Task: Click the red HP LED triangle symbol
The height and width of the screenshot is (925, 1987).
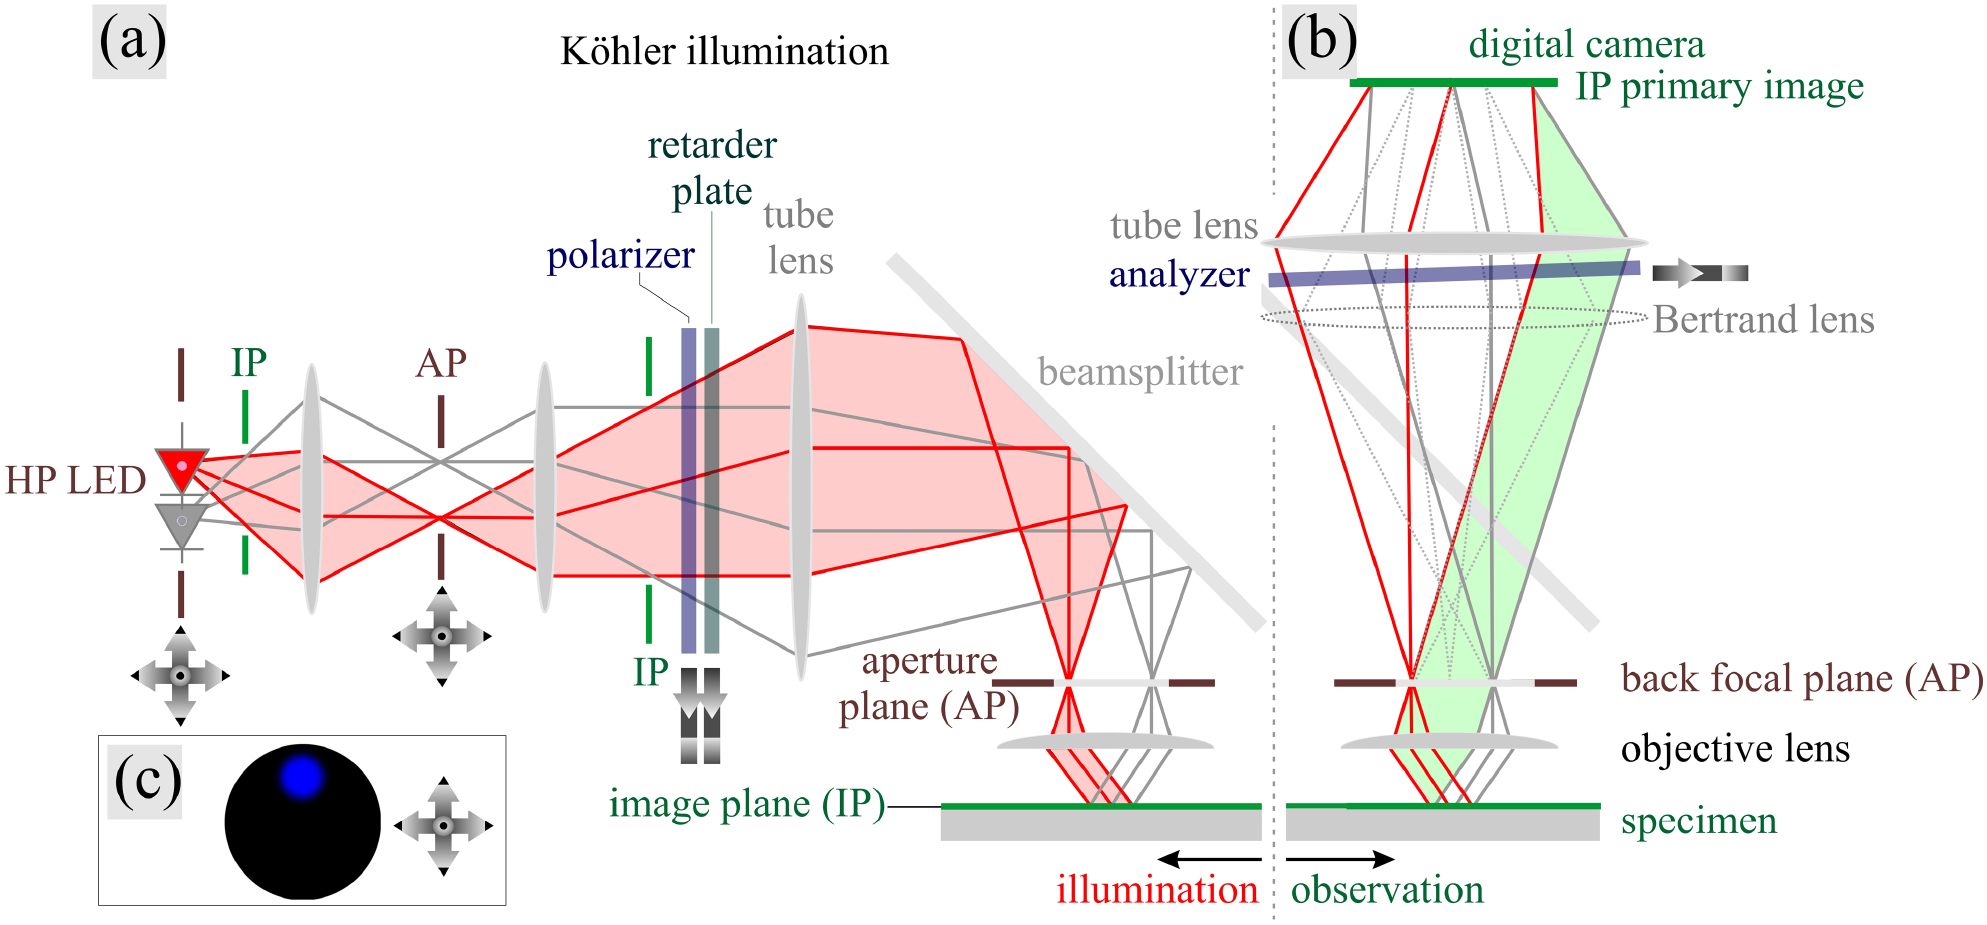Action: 182,468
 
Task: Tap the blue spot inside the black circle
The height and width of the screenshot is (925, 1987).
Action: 302,776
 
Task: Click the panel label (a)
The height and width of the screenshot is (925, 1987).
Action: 130,41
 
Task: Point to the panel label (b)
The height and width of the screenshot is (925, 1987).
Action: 1320,41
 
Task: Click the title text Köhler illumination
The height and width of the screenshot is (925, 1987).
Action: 724,51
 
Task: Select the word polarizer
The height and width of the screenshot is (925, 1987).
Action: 620,256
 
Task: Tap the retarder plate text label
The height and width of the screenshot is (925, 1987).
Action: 712,168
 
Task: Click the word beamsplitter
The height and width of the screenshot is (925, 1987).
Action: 1140,372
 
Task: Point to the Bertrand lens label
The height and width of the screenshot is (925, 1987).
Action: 1763,320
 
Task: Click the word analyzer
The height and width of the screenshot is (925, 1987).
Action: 1179,274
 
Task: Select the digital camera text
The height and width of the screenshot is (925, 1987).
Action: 1586,44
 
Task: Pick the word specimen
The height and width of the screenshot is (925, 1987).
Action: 1698,821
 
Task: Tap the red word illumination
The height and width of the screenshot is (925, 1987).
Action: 1157,889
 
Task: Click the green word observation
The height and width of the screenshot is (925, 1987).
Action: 1387,889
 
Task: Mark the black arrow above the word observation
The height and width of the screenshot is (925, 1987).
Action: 1340,859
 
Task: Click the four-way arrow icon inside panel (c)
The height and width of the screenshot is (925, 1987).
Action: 443,826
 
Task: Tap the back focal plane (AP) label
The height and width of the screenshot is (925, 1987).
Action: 1801,679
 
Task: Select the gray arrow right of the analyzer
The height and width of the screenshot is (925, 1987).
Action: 1699,272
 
